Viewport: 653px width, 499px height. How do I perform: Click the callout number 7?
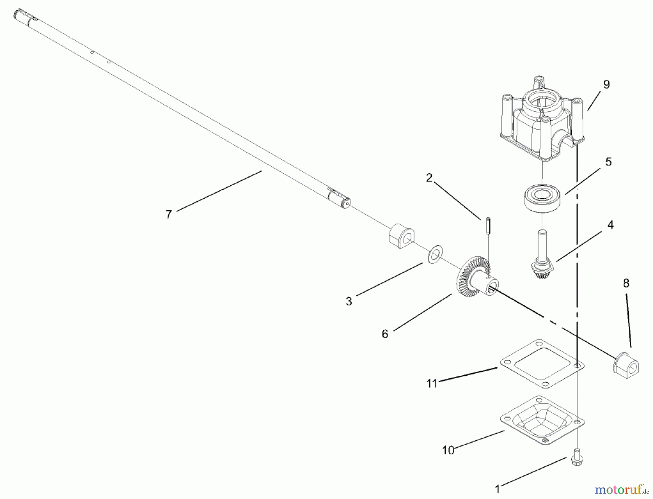click(168, 215)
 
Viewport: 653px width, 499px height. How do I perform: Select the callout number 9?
click(607, 84)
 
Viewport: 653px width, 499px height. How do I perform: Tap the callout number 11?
click(432, 383)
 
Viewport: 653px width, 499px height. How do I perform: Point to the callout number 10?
click(448, 450)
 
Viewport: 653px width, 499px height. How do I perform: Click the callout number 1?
click(497, 490)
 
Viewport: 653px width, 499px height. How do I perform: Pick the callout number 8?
click(626, 283)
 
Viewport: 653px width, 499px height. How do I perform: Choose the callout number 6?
click(385, 334)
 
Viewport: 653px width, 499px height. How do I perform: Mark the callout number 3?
click(349, 301)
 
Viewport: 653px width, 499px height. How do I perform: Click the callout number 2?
click(429, 178)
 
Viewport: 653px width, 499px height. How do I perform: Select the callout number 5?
click(608, 162)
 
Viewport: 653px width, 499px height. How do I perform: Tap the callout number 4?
click(611, 225)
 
